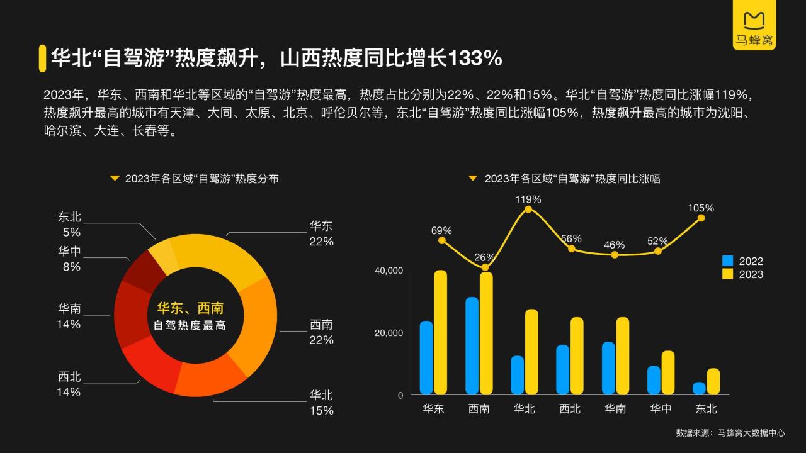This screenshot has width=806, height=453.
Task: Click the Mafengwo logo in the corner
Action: [x=754, y=28]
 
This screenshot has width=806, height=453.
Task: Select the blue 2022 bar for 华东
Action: [x=426, y=357]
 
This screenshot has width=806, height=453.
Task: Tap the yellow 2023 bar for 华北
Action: [x=531, y=352]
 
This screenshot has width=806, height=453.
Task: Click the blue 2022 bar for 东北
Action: [x=699, y=388]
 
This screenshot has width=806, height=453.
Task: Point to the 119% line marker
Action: [x=528, y=209]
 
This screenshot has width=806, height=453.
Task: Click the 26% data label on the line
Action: [x=484, y=257]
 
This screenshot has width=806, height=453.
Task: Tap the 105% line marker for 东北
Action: [x=701, y=218]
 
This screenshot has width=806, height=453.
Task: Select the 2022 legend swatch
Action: [x=728, y=260]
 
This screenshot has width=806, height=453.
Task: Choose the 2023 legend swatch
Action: [x=728, y=274]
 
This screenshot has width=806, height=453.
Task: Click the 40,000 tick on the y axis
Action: [x=389, y=271]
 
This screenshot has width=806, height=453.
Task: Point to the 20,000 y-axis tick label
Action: [x=389, y=333]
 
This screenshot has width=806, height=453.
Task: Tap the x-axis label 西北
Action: [x=570, y=409]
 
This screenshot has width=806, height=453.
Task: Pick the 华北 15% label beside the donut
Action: [x=321, y=403]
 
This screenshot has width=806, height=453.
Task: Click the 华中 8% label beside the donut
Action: [x=69, y=259]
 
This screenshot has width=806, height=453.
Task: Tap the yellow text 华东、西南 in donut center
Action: [x=190, y=308]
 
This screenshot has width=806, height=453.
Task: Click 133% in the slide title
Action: [x=475, y=59]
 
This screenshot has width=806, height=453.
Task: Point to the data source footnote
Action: [x=730, y=433]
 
